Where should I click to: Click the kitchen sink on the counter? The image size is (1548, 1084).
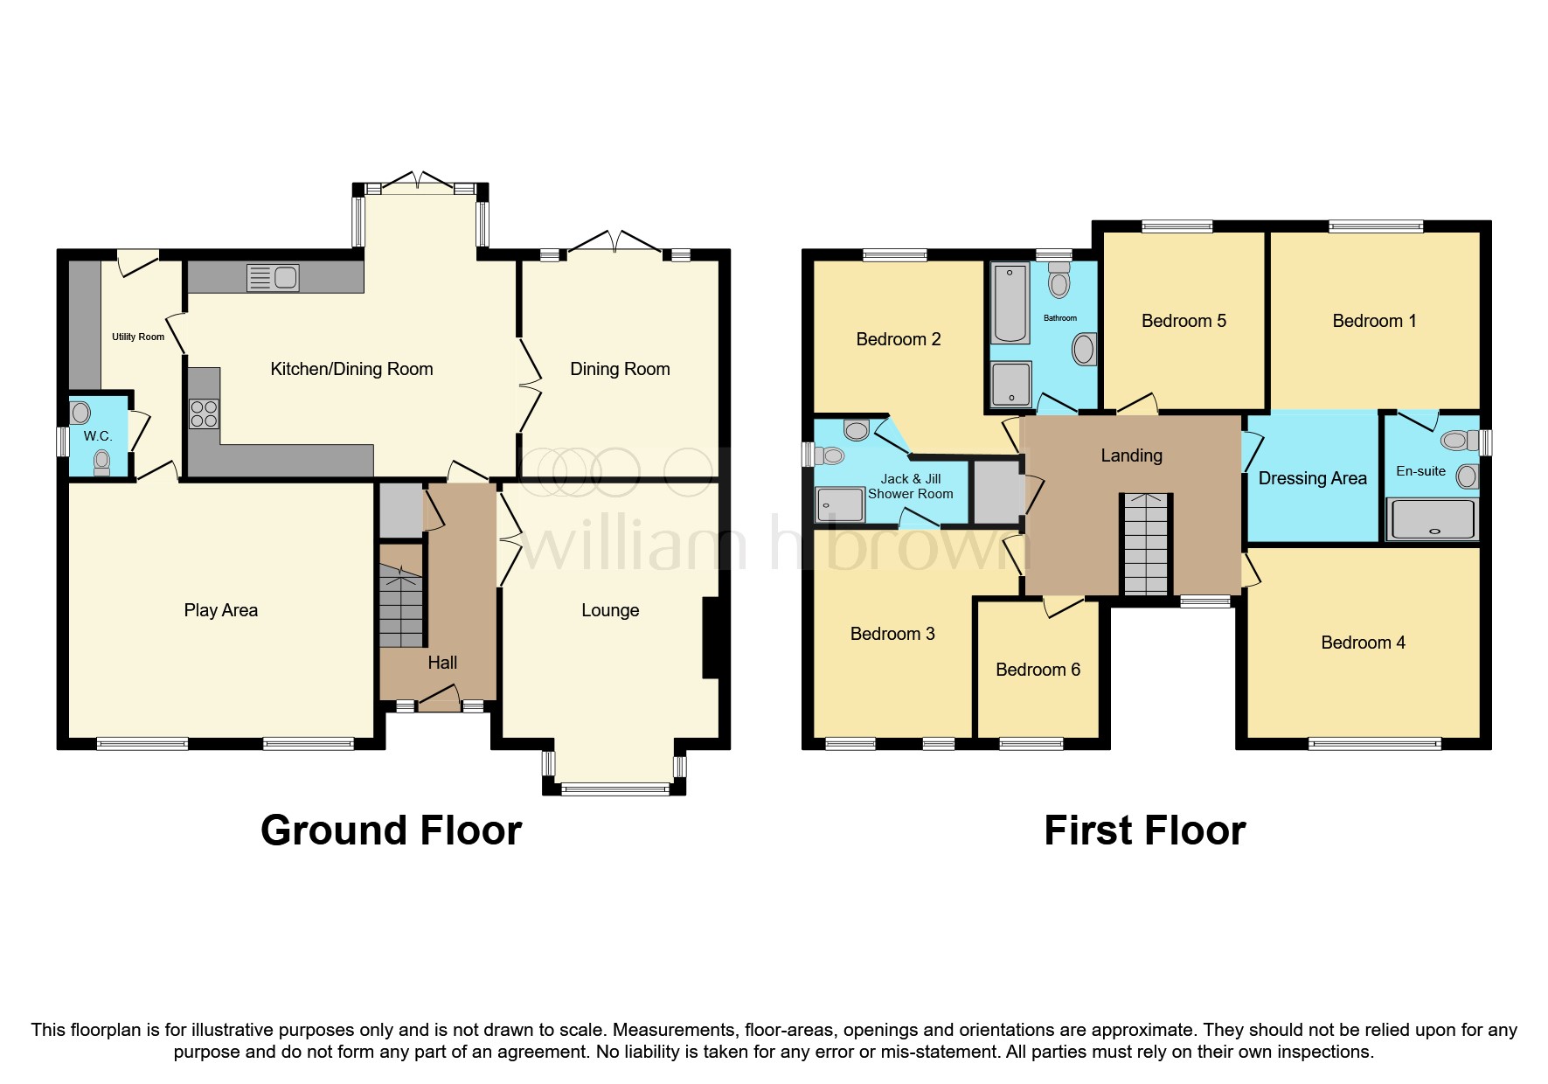pos(274,278)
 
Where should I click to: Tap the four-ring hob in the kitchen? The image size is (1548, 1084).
pos(204,413)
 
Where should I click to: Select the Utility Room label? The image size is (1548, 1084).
pos(138,337)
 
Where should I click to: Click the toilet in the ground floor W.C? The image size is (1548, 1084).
pos(101,462)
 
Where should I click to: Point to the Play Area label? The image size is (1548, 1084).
pos(220,610)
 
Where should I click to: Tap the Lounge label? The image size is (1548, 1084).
pos(610,610)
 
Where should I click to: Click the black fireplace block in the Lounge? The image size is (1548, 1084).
pos(711,637)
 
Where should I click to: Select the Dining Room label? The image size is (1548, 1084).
pos(620,369)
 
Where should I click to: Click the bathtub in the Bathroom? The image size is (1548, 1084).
pos(1010,304)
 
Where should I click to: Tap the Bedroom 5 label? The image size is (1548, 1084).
pos(1184,321)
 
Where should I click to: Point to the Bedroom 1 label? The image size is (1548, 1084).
pos(1374,321)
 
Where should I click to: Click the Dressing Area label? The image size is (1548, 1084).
pos(1312,478)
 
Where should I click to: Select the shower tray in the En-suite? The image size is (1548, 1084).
pos(1433,519)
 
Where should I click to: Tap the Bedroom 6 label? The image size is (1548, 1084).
pos(1038,670)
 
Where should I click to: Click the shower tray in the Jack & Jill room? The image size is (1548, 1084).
pos(840,504)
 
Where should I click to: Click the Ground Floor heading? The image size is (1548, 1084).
pos(391,830)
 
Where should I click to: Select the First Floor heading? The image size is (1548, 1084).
pos(1144,830)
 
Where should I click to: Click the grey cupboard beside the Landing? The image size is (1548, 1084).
pos(997,492)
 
